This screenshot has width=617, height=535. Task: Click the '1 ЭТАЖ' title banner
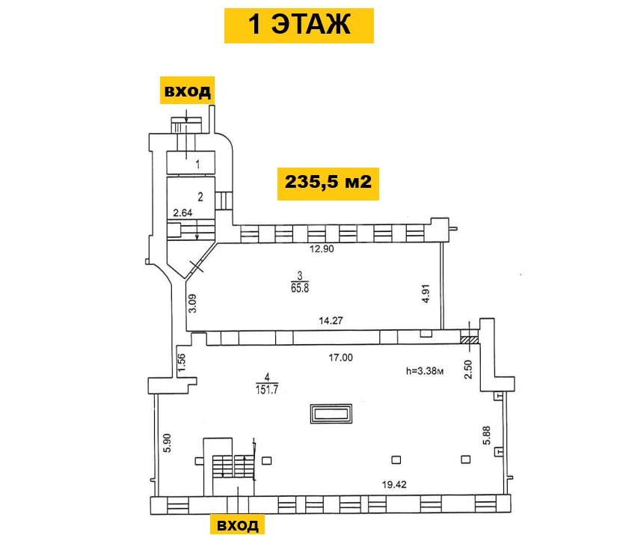click(x=298, y=25)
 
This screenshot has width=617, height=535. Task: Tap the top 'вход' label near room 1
click(x=187, y=91)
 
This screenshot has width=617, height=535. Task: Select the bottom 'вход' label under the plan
click(x=237, y=525)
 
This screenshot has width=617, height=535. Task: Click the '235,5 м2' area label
click(x=328, y=183)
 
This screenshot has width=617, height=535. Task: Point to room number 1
click(x=197, y=164)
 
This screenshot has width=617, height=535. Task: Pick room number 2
click(x=200, y=197)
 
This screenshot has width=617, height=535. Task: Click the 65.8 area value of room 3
click(x=300, y=288)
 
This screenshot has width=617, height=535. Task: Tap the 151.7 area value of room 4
click(x=267, y=390)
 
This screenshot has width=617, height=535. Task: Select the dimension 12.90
click(x=322, y=249)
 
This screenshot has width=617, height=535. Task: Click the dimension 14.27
click(x=331, y=321)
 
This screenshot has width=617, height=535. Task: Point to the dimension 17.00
click(x=341, y=358)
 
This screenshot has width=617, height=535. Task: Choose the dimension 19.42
click(x=394, y=485)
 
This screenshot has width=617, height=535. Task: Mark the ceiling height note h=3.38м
click(x=425, y=371)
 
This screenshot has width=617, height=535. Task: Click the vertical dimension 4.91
click(x=426, y=293)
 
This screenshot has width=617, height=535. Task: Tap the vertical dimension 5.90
click(x=168, y=443)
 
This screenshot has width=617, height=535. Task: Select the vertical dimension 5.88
click(x=487, y=435)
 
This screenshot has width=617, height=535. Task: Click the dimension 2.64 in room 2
click(x=182, y=213)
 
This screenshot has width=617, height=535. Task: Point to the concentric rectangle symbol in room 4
click(x=331, y=414)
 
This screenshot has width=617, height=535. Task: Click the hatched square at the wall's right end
click(x=470, y=339)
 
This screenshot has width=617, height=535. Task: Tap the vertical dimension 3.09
click(x=192, y=304)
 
